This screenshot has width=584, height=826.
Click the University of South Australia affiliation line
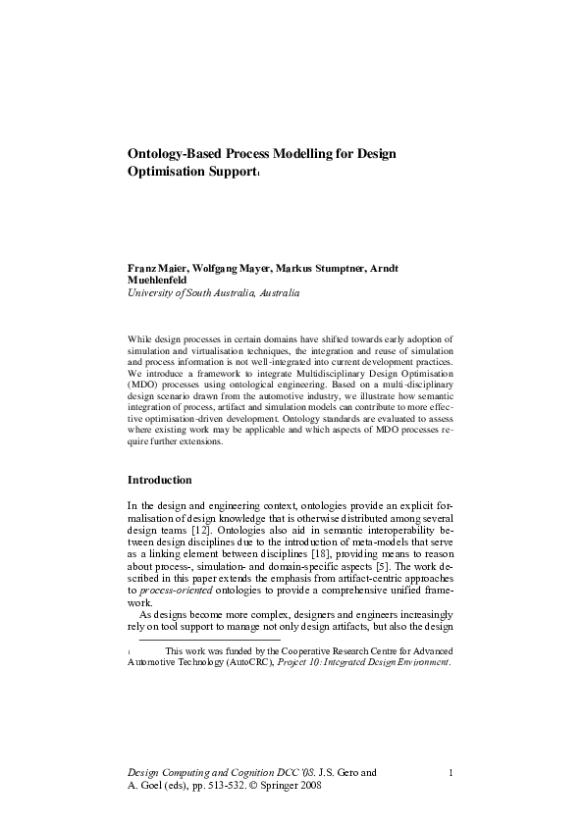(x=213, y=292)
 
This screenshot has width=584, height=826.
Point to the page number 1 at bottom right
(x=450, y=772)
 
